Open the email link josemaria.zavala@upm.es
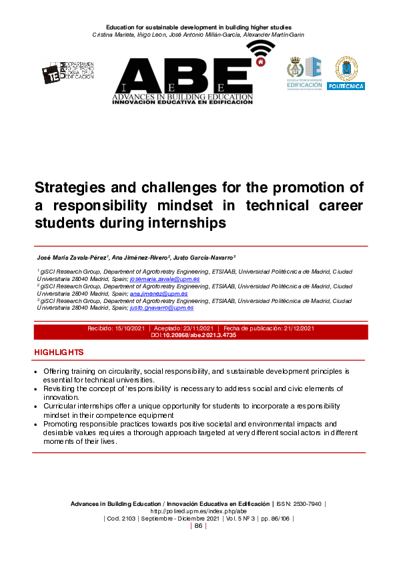click(161, 279)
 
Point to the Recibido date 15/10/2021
click(130, 328)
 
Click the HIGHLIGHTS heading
click(59, 352)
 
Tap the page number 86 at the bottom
click(198, 526)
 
